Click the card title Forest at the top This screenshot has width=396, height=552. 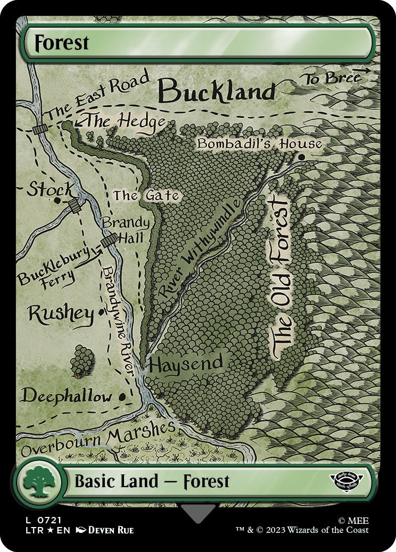click(x=62, y=43)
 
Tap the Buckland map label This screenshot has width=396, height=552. click(x=217, y=91)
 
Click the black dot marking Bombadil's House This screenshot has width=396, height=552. click(x=302, y=157)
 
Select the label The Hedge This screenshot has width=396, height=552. click(x=126, y=122)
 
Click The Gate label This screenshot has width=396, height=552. click(x=145, y=196)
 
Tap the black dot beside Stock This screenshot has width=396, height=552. click(x=57, y=200)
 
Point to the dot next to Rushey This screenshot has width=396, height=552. click(x=101, y=312)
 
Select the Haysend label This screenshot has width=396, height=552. click(x=185, y=364)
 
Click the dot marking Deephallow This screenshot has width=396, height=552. click(x=123, y=396)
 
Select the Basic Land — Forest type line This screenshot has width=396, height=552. click(x=152, y=482)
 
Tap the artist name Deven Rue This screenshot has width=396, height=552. click(x=110, y=530)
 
